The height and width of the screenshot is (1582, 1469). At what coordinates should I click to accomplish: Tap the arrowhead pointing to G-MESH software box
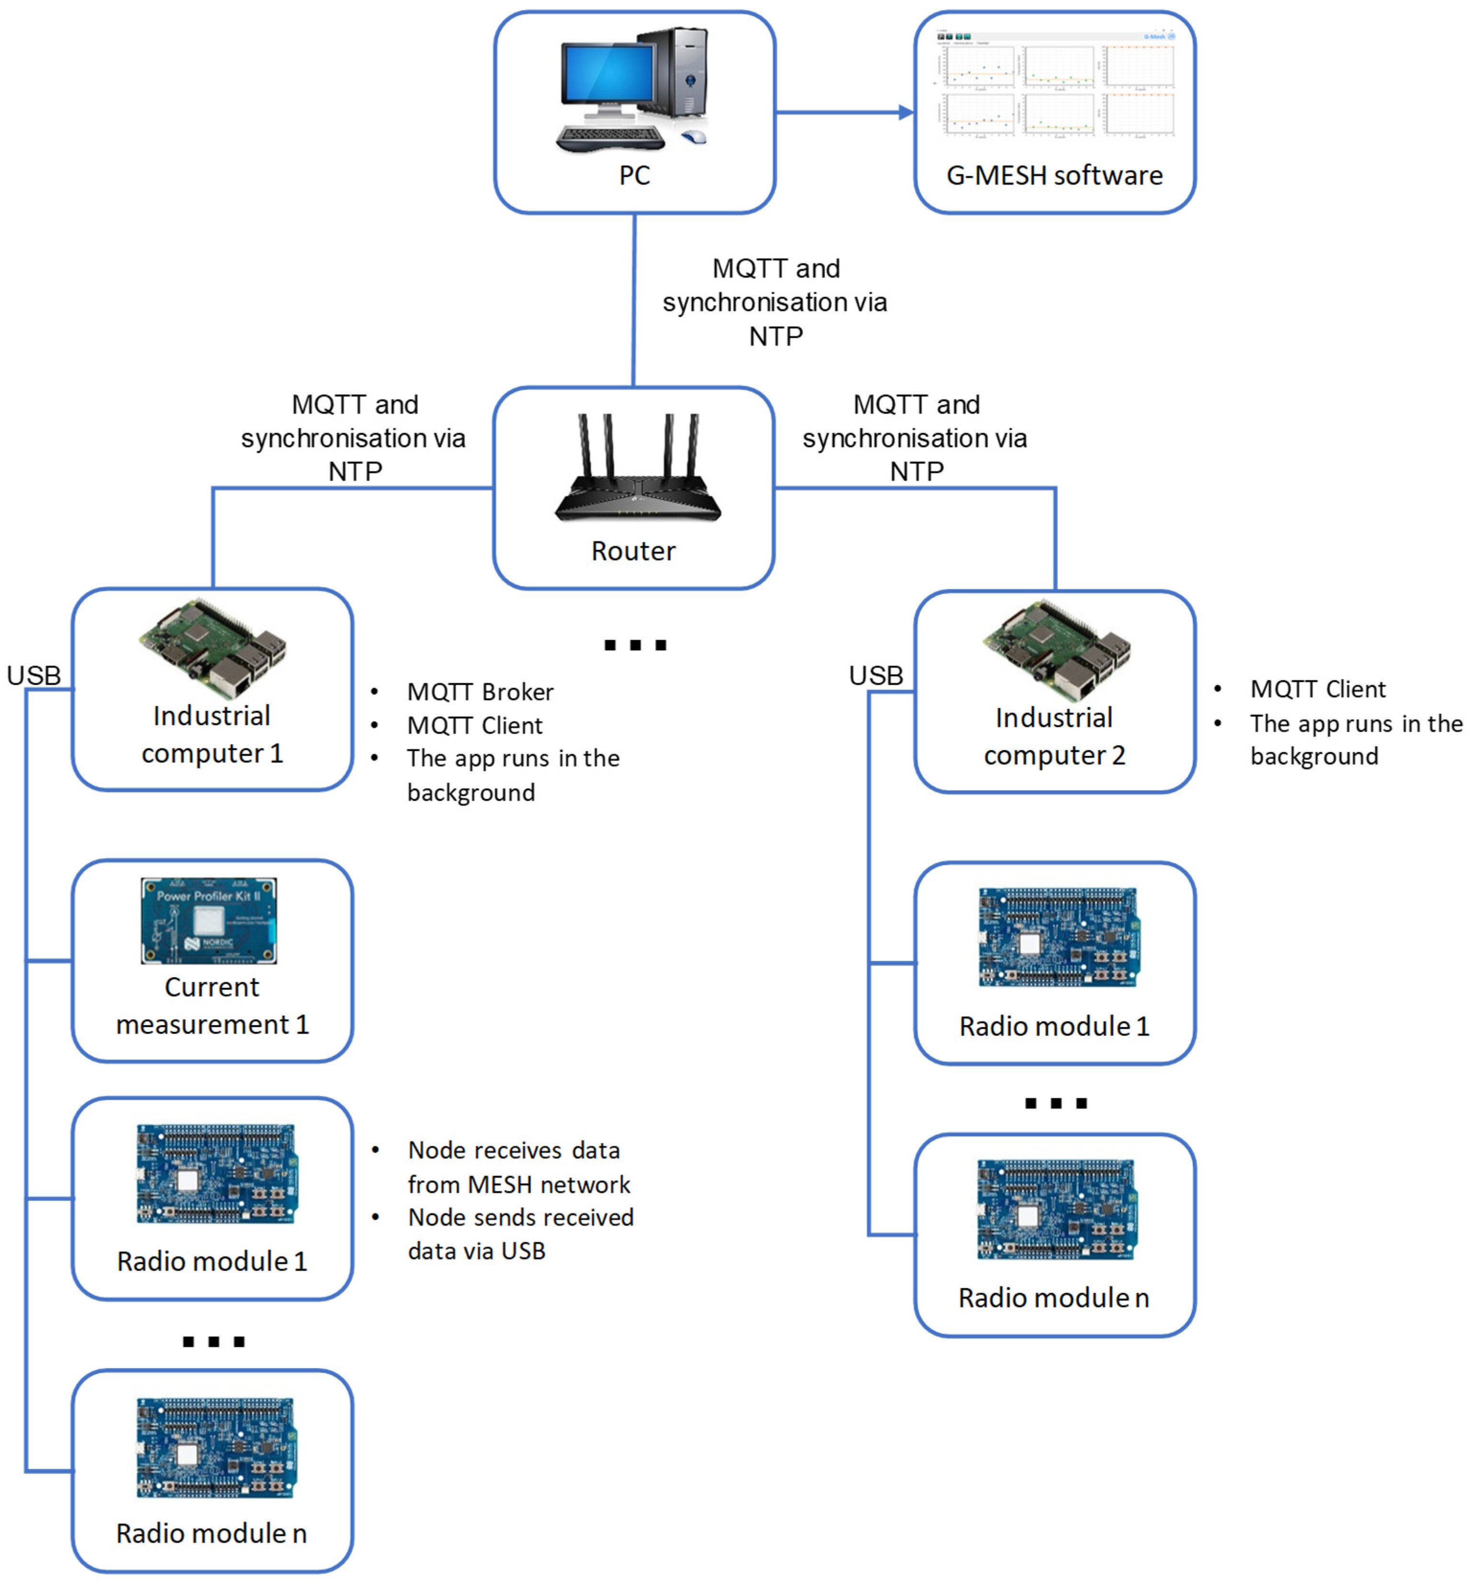(x=906, y=112)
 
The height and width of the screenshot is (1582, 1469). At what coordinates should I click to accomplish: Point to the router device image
(x=638, y=471)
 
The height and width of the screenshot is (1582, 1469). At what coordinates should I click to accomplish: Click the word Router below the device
(x=633, y=551)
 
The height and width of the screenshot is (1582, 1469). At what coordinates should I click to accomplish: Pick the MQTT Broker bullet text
(x=480, y=692)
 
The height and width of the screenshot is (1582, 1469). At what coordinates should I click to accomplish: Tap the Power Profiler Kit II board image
(x=209, y=921)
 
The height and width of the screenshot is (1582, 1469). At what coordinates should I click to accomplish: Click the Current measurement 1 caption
(x=212, y=1005)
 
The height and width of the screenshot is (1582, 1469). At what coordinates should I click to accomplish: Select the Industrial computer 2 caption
(x=1054, y=736)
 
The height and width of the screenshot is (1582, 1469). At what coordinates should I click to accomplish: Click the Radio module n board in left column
(x=216, y=1447)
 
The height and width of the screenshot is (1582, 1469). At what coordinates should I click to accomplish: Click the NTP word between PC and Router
(x=776, y=336)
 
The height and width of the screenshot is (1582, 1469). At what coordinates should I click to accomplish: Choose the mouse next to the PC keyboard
(x=694, y=137)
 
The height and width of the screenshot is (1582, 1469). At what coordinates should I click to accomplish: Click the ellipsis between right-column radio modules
(x=1056, y=1103)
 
